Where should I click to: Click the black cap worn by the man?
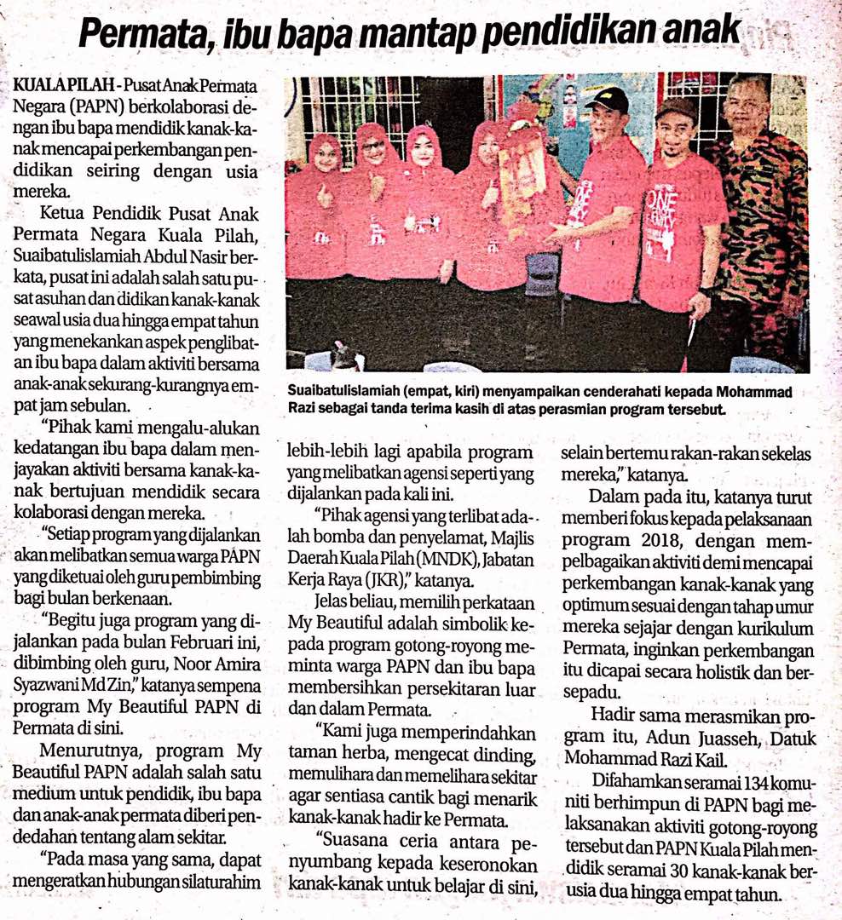point(607,101)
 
